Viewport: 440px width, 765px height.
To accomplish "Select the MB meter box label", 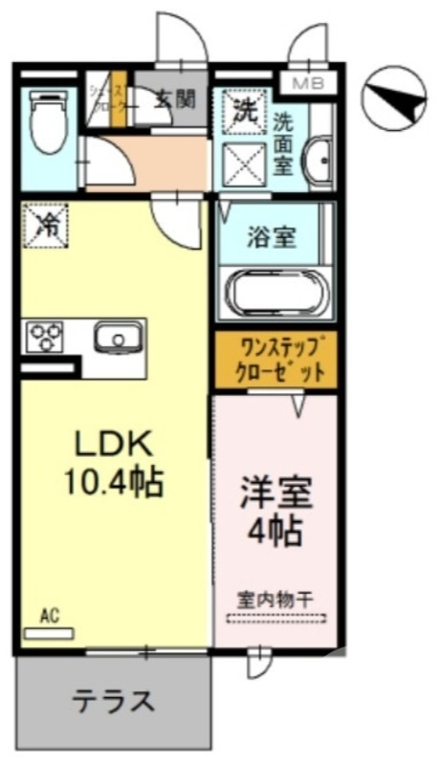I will tap(307, 83).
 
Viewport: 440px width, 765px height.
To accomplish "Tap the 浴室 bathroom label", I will tap(273, 236).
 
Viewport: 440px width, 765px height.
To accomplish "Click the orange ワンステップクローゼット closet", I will tap(275, 360).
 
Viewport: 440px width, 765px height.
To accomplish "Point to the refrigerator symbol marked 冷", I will tap(45, 226).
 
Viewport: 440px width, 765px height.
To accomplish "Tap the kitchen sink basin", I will tap(118, 338).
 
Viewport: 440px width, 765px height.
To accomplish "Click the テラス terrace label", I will tap(114, 702).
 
